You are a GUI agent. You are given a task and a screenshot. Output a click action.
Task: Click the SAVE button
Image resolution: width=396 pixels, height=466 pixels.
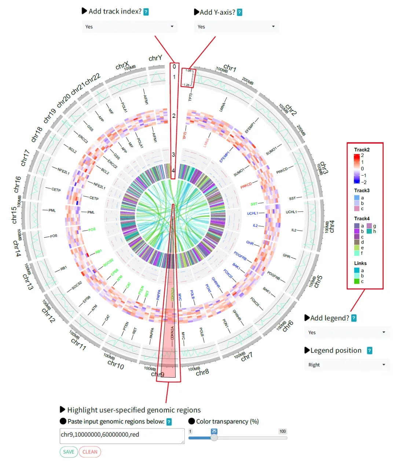pyautogui.click(x=69, y=452)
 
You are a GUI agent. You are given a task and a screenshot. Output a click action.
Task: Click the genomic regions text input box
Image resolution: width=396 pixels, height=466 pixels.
pyautogui.click(x=122, y=436)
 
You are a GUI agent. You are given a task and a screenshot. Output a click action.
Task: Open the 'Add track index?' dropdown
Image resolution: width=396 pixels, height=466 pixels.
pyautogui.click(x=129, y=27)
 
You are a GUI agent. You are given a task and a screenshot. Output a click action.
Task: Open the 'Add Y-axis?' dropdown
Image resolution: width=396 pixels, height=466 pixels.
pyautogui.click(x=236, y=27)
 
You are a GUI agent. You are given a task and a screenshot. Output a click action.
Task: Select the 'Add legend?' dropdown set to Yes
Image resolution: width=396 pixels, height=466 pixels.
pyautogui.click(x=346, y=333)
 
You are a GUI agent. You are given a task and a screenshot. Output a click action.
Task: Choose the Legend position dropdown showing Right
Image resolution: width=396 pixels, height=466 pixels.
pyautogui.click(x=346, y=365)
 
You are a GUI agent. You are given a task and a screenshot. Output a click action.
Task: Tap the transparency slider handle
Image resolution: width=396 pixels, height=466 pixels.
pyautogui.click(x=214, y=437)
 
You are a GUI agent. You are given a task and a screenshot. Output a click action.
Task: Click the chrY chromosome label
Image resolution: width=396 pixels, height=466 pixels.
pyautogui.click(x=155, y=58)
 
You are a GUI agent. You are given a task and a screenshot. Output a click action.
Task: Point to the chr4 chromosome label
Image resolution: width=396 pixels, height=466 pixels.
pyautogui.click(x=332, y=227)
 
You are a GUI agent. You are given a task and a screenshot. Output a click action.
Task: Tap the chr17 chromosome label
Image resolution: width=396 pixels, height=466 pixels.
pyautogui.click(x=25, y=158)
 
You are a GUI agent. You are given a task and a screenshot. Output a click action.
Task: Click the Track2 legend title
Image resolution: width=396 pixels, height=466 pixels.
pyautogui.click(x=362, y=150)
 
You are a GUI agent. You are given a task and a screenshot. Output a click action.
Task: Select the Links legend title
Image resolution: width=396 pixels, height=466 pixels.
pyautogui.click(x=360, y=263)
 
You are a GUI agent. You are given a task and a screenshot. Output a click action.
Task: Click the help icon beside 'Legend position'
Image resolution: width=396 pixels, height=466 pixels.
pyautogui.click(x=370, y=351)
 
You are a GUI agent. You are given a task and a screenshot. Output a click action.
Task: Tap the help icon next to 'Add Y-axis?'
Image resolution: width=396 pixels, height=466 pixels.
pyautogui.click(x=239, y=12)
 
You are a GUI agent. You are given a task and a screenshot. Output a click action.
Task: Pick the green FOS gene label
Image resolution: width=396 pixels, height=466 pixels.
pyautogui.click(x=92, y=230)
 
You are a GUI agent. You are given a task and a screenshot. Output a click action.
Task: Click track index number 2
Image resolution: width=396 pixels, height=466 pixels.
pyautogui.click(x=174, y=115)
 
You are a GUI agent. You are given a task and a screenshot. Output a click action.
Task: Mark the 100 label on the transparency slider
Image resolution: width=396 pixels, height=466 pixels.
pyautogui.click(x=282, y=431)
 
